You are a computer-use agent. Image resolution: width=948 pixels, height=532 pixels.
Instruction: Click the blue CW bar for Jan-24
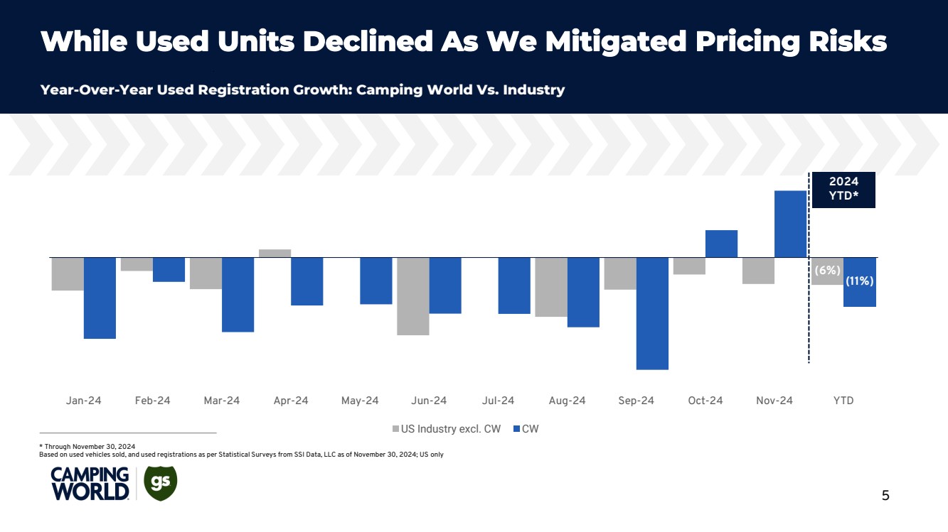coord(100,298)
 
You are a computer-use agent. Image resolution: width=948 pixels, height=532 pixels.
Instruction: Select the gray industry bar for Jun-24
coord(412,295)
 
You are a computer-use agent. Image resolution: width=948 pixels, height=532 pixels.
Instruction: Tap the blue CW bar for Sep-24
coord(652,313)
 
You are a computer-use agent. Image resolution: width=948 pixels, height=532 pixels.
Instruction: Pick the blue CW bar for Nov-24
coord(790,224)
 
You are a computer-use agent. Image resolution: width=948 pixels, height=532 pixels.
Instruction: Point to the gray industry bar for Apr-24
coord(275,253)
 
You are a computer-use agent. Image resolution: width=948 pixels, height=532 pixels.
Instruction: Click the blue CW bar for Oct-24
coord(721,244)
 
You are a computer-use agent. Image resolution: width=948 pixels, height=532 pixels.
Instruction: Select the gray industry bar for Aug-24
coord(551,287)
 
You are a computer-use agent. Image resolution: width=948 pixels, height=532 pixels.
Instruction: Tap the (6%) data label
coord(827,271)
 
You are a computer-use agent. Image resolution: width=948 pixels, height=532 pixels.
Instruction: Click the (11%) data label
coord(860,281)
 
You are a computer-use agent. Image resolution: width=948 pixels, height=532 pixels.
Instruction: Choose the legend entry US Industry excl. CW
coord(447,429)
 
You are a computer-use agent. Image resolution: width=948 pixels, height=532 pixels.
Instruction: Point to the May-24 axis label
coord(360,401)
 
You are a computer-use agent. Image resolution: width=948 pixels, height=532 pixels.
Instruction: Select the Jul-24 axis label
coord(498,401)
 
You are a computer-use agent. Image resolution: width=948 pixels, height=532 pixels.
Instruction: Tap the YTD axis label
coord(843,401)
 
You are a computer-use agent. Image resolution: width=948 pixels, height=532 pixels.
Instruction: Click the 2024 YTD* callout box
coord(843,190)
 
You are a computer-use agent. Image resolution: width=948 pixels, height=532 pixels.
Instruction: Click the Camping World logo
coord(90,484)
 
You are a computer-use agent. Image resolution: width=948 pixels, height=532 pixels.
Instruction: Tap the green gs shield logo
coord(160,483)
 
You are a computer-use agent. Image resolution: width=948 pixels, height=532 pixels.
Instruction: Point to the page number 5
coord(885,496)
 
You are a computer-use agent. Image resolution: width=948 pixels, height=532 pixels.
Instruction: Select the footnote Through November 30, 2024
coord(89,446)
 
